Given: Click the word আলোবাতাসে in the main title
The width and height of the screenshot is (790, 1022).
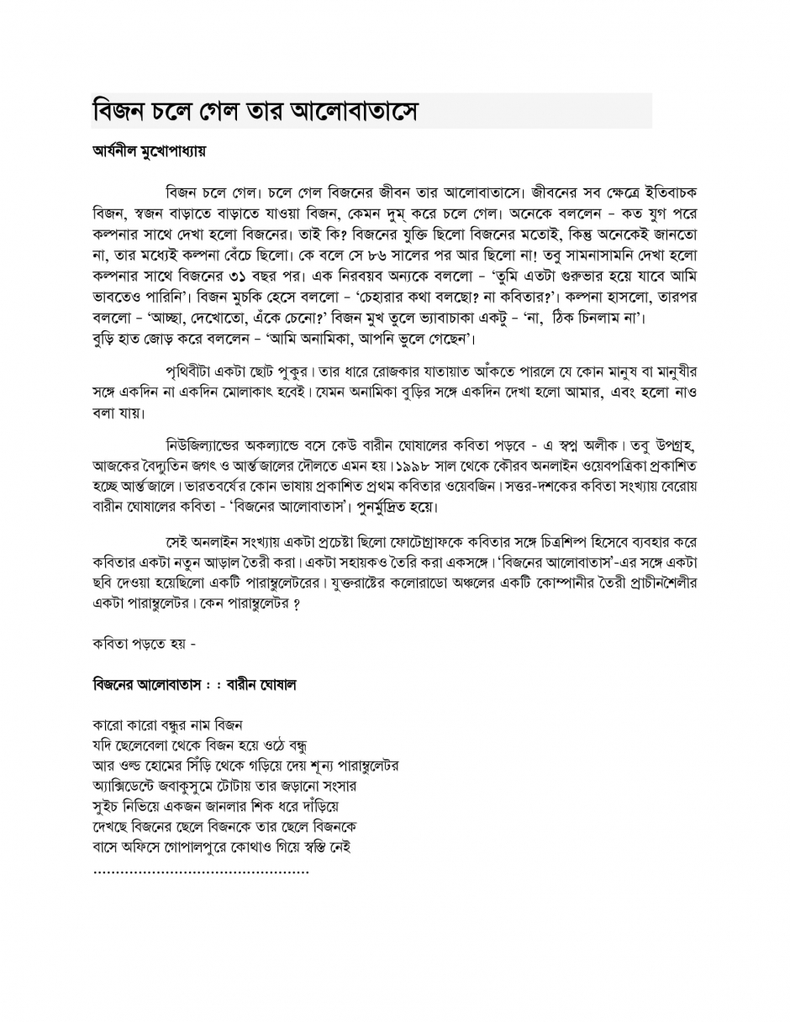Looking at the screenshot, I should point(352,111).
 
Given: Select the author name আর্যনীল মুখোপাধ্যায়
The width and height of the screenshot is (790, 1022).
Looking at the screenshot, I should point(149,152).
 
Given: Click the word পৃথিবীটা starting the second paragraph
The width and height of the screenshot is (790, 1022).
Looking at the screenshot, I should point(196,371).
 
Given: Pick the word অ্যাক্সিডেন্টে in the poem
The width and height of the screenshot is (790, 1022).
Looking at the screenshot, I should point(129,787).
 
